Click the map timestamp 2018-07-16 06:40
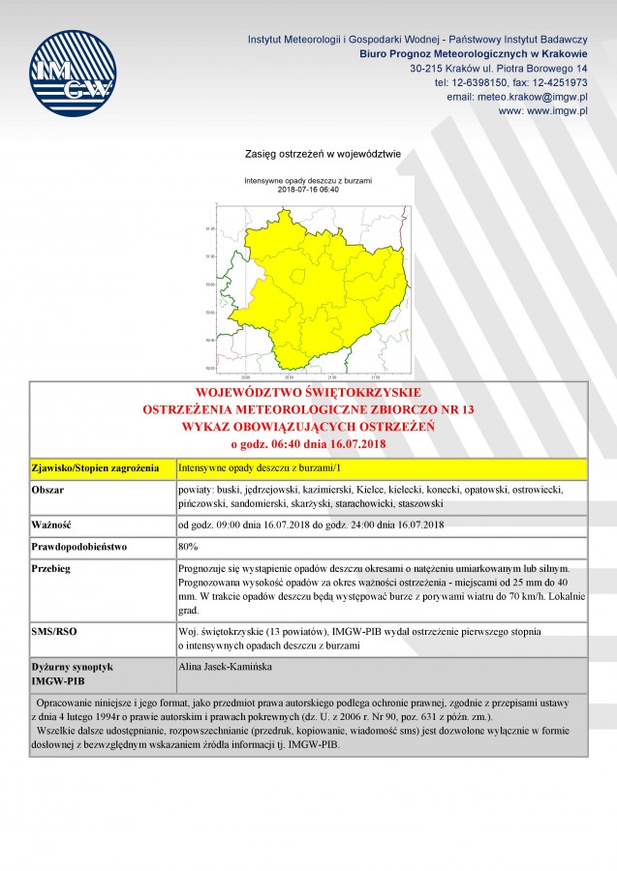308,190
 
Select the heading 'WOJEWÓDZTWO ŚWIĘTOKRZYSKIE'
308,393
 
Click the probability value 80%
188,547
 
